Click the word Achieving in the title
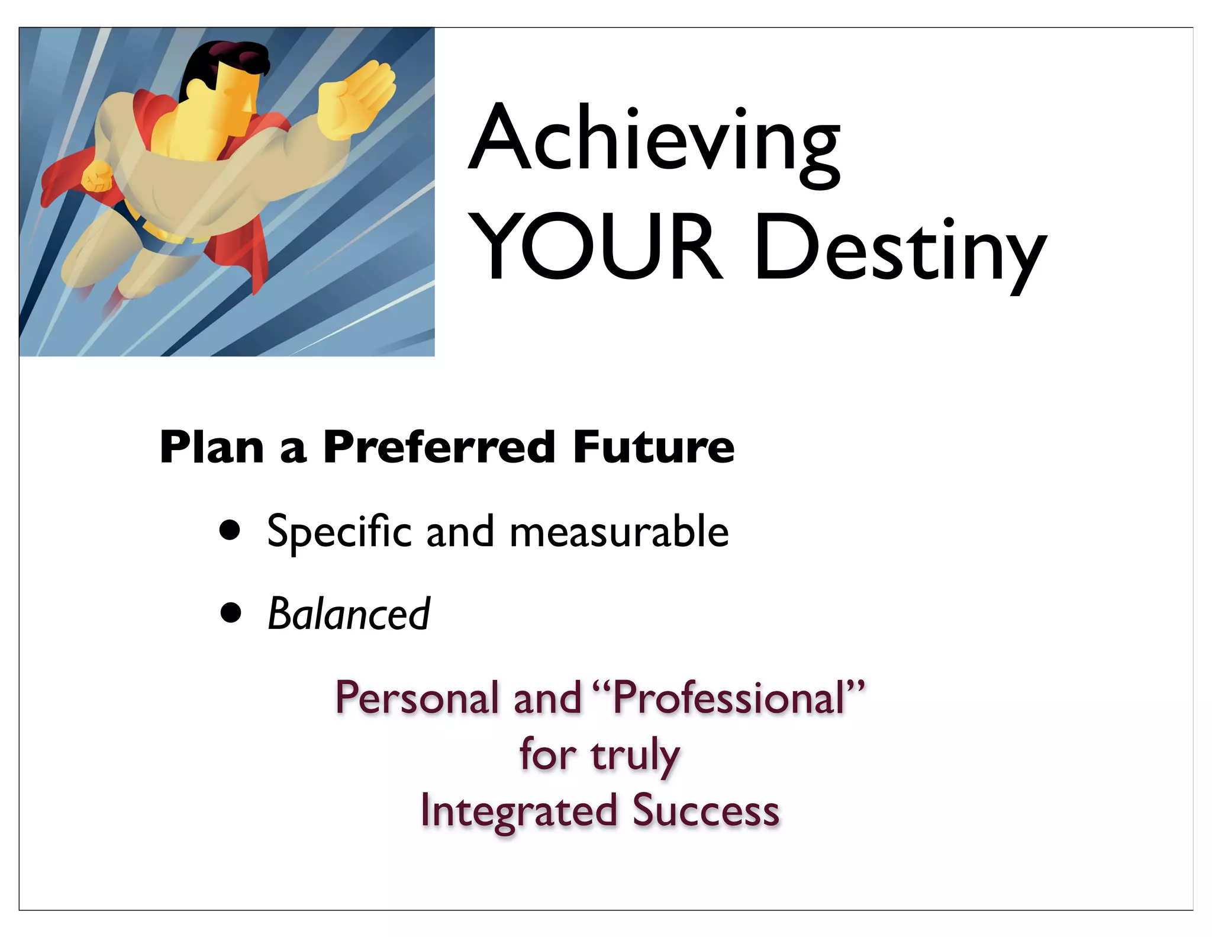[654, 141]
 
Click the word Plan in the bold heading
[211, 447]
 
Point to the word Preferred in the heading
[439, 447]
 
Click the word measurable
[618, 531]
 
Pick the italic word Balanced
[349, 614]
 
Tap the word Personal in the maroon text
[418, 698]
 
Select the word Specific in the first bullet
[339, 531]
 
